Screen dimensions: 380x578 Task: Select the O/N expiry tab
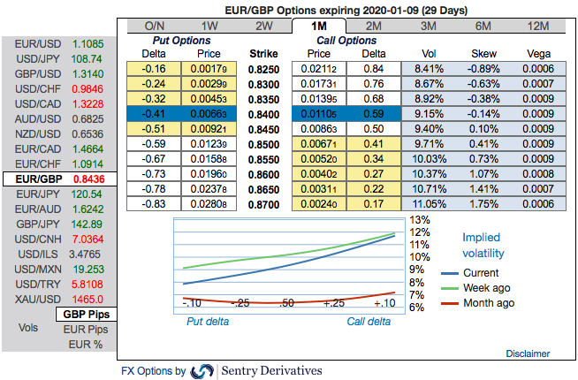pyautogui.click(x=154, y=27)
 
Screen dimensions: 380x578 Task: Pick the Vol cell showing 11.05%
pyautogui.click(x=428, y=204)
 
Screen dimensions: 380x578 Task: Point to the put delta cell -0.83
pyautogui.click(x=156, y=204)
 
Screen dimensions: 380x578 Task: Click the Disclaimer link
pyautogui.click(x=528, y=353)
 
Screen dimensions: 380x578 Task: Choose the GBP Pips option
pyautogui.click(x=87, y=315)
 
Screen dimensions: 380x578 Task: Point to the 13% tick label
pyautogui.click(x=418, y=220)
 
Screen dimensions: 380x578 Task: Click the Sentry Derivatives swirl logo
pyautogui.click(x=202, y=371)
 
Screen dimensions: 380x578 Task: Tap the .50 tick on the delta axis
pyautogui.click(x=285, y=303)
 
